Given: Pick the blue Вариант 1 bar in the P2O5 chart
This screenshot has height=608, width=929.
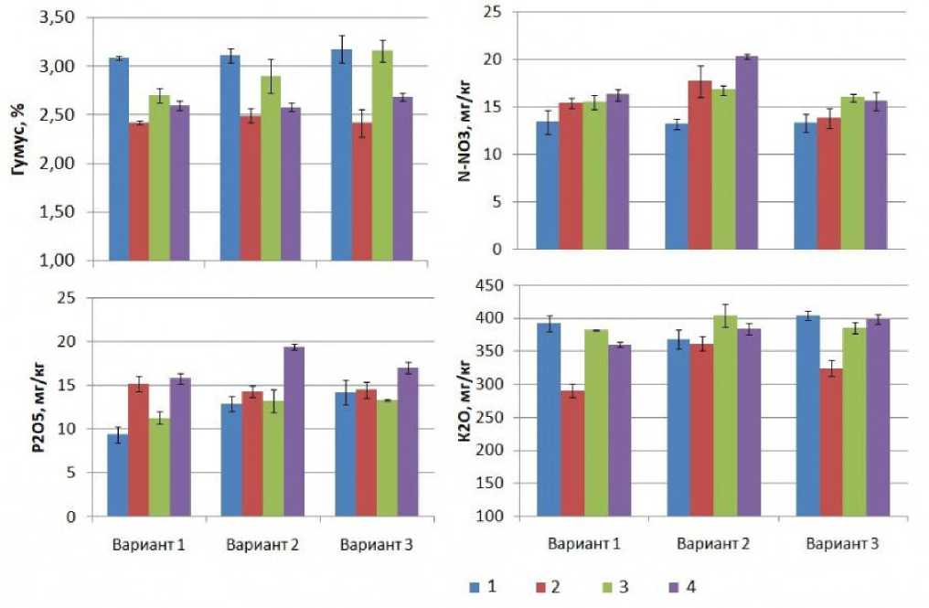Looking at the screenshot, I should tap(118, 475).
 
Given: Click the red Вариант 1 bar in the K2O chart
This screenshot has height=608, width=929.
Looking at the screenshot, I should tap(572, 453).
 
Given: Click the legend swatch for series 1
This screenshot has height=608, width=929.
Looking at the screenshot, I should tap(475, 586).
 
